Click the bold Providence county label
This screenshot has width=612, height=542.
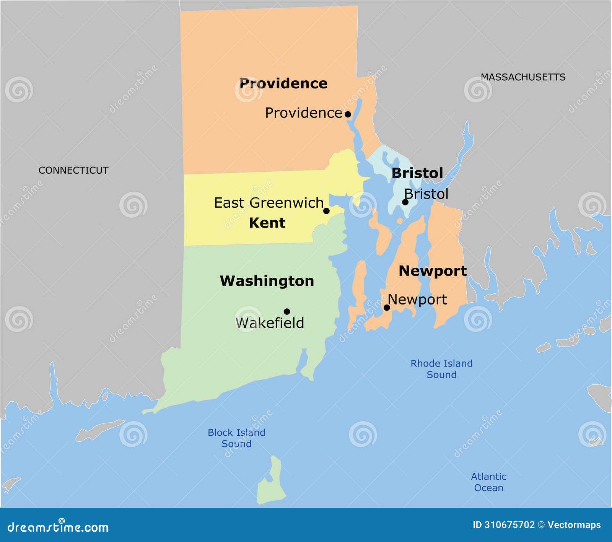click(x=283, y=83)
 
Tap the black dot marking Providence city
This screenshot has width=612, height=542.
click(x=348, y=114)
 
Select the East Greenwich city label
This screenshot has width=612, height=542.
click(x=269, y=203)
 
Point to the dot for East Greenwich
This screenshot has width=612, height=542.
click(x=326, y=211)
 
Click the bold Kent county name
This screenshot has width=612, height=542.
click(x=267, y=223)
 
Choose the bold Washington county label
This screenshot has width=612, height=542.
click(x=267, y=281)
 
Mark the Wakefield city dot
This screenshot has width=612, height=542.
click(x=287, y=311)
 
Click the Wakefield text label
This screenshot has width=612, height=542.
click(x=270, y=323)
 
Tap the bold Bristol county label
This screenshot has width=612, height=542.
click(x=417, y=173)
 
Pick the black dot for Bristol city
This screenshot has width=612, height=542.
click(x=405, y=202)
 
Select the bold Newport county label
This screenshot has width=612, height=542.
click(x=433, y=271)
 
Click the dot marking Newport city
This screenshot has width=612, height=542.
click(x=387, y=308)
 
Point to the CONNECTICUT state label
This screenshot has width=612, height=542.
click(x=73, y=170)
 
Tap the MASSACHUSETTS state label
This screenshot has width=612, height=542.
click(x=523, y=77)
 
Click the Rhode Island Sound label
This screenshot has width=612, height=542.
click(x=441, y=369)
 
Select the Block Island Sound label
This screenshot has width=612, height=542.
click(x=236, y=438)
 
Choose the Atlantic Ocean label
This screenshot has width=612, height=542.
click(x=488, y=482)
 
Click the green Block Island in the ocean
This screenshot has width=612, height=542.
click(x=271, y=484)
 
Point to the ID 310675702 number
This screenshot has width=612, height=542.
click(x=504, y=525)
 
